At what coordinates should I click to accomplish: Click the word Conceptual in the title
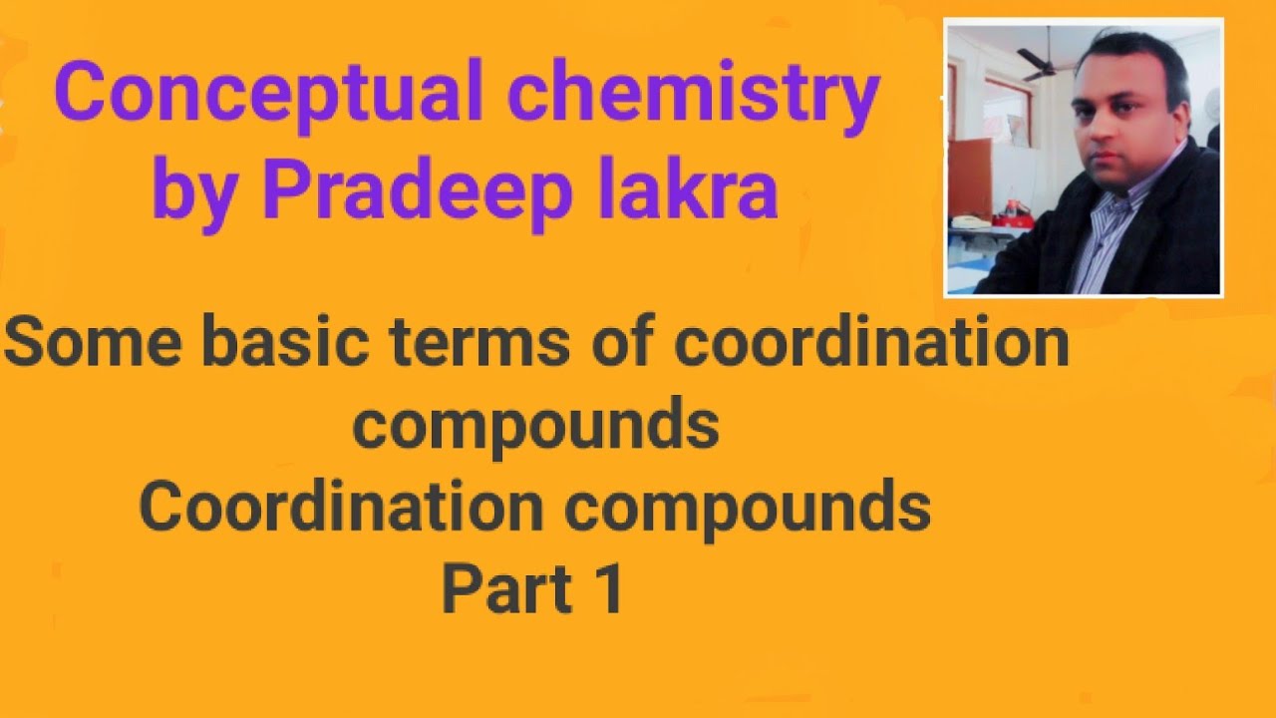[268, 93]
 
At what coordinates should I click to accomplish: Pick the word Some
[93, 343]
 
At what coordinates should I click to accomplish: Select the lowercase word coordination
[870, 343]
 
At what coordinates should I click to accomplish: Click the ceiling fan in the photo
[1044, 61]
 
